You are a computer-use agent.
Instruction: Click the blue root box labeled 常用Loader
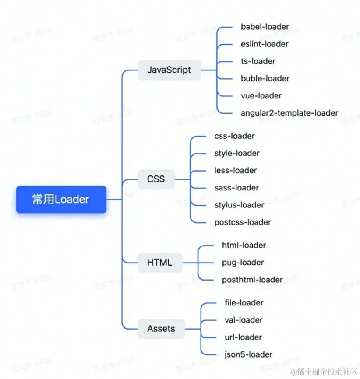click(61, 200)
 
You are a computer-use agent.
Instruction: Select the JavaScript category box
click(169, 70)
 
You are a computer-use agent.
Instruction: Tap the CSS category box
click(156, 179)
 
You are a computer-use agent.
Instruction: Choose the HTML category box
click(159, 263)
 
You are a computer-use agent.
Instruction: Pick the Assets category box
click(161, 329)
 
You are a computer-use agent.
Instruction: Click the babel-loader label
click(265, 27)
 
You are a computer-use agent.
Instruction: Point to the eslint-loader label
click(265, 44)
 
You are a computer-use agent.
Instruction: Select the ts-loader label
click(258, 61)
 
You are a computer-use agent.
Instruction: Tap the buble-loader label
click(265, 78)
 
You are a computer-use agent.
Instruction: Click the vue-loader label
click(261, 95)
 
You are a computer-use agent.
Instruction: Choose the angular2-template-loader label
click(289, 113)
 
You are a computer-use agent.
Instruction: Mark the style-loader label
click(236, 153)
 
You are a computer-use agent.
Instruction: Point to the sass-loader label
click(236, 188)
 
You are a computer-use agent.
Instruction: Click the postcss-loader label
click(242, 222)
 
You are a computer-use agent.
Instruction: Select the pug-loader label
click(243, 263)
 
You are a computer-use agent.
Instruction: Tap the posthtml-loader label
click(252, 280)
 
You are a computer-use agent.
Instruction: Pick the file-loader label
click(243, 303)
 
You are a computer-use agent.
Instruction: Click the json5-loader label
click(247, 354)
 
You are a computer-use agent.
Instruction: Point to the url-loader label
click(243, 337)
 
